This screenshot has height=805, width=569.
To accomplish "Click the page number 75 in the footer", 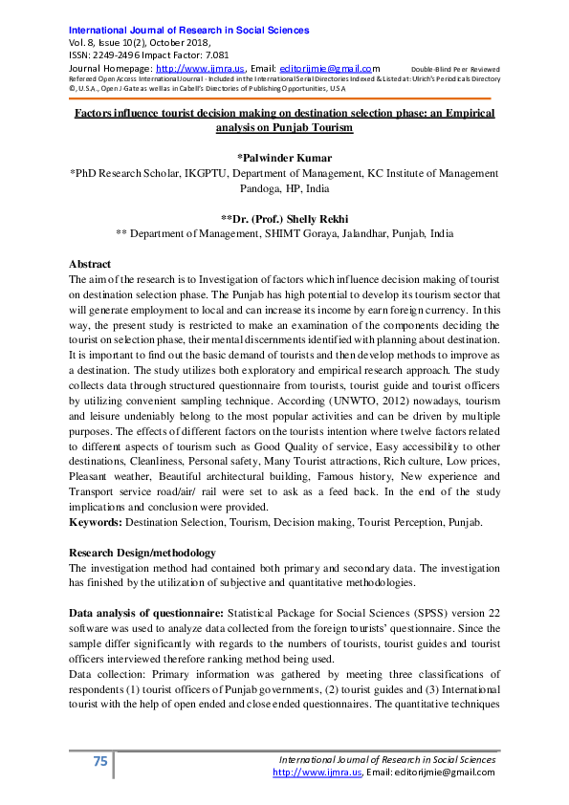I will coord(99,761).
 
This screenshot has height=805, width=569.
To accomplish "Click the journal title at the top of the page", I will coord(189,31).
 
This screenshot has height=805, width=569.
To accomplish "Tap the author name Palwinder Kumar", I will coord(284,157).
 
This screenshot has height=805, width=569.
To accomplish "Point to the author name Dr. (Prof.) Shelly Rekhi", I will coord(284,216).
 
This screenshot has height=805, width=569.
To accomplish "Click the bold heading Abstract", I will coord(90,264).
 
